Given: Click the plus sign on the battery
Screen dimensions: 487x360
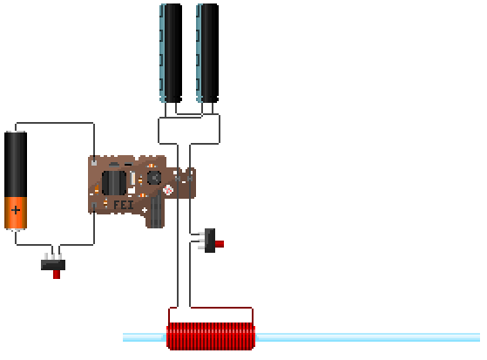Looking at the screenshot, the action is coord(16,210).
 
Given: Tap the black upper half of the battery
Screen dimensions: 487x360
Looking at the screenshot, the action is coord(16,164).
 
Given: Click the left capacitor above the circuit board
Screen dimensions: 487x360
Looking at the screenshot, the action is coord(171,53).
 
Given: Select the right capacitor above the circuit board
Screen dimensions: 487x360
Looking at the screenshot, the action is coord(207,53).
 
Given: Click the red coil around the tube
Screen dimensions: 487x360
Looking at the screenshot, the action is coord(211,336).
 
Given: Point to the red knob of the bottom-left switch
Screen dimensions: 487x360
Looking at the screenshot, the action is coord(57,275).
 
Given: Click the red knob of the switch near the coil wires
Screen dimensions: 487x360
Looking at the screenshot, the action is coord(220,244).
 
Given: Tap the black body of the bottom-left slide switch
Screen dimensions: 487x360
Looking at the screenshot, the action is coord(53,265).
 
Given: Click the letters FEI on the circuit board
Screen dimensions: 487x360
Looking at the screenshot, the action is coord(124,205).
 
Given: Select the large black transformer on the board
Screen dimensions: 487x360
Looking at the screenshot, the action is coord(114,183).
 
